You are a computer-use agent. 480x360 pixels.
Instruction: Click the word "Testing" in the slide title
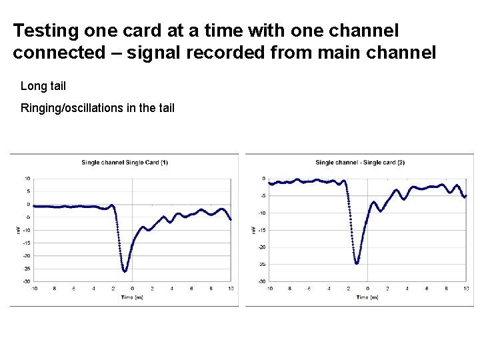coord(45,31)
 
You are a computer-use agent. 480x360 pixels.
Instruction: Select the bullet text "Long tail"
coord(43,86)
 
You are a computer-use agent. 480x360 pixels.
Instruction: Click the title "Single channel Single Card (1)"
coord(125,162)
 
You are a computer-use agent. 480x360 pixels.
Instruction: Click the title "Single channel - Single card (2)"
coord(360,162)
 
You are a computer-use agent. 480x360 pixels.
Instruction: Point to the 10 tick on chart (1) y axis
coord(27,179)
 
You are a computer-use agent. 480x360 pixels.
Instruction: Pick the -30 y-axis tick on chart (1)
coord(26,281)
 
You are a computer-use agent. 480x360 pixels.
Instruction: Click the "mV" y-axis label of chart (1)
coord(18,230)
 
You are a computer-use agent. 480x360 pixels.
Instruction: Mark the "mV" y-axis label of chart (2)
coord(253,230)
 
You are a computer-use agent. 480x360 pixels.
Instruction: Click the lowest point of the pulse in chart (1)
coord(125,271)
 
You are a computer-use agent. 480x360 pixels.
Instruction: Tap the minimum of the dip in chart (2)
coord(357,263)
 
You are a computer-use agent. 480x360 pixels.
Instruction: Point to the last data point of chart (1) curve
coord(231,219)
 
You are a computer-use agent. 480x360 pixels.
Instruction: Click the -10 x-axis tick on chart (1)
coord(33,289)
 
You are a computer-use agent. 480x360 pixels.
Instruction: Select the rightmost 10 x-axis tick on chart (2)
coord(465,289)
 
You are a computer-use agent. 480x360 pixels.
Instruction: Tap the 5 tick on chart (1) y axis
coord(29,191)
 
